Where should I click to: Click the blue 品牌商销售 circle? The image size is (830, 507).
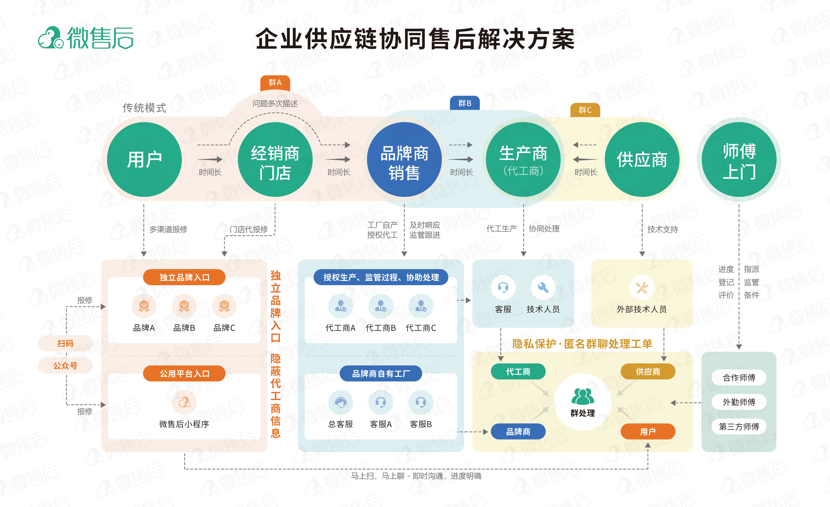[404, 159]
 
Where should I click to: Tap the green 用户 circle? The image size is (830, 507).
[144, 159]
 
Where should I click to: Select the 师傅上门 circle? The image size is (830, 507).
[739, 159]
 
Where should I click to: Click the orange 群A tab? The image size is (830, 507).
[275, 82]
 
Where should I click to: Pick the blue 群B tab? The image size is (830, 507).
[465, 103]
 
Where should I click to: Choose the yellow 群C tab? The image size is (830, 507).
[585, 110]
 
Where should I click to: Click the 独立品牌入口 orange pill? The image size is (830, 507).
[184, 277]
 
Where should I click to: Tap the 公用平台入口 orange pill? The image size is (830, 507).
[184, 374]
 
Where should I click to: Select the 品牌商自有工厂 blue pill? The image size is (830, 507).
[381, 374]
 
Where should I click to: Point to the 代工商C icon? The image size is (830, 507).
[421, 306]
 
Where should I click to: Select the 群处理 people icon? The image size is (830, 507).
[583, 397]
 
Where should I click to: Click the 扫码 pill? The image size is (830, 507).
[65, 343]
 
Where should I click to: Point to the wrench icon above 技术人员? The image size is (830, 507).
[543, 287]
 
